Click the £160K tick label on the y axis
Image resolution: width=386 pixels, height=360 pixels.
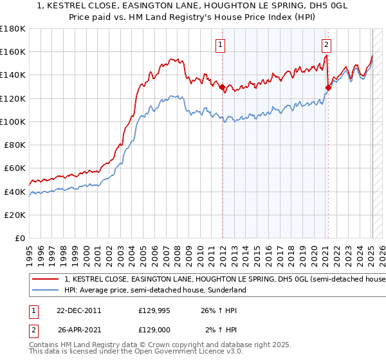pyautogui.click(x=13, y=51)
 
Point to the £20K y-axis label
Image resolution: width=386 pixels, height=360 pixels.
pyautogui.click(x=15, y=215)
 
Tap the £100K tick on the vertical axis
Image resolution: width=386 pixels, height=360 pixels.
pyautogui.click(x=13, y=122)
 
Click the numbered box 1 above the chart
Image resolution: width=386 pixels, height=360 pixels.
pyautogui.click(x=221, y=44)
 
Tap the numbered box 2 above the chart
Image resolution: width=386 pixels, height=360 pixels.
pyautogui.click(x=327, y=44)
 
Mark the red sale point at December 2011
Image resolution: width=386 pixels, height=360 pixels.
pyautogui.click(x=222, y=87)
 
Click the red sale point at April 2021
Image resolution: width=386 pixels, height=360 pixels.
pyautogui.click(x=328, y=87)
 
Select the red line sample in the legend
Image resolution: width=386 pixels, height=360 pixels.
pyautogui.click(x=46, y=280)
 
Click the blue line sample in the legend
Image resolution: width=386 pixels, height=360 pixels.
pyautogui.click(x=46, y=290)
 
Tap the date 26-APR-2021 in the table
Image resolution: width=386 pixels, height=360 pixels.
pyautogui.click(x=78, y=331)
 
